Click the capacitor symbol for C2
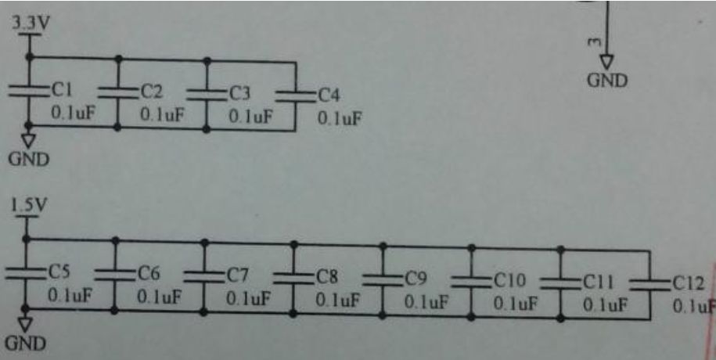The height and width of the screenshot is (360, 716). (x=117, y=92)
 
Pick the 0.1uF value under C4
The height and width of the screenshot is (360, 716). (x=340, y=119)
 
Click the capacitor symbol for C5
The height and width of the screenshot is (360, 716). (x=26, y=273)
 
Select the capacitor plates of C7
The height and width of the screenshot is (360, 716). (x=204, y=275)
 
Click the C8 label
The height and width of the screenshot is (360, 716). (x=327, y=276)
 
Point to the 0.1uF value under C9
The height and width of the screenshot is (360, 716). (x=426, y=302)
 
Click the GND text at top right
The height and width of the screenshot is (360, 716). (x=607, y=81)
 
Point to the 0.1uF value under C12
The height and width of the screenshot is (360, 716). (x=693, y=307)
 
